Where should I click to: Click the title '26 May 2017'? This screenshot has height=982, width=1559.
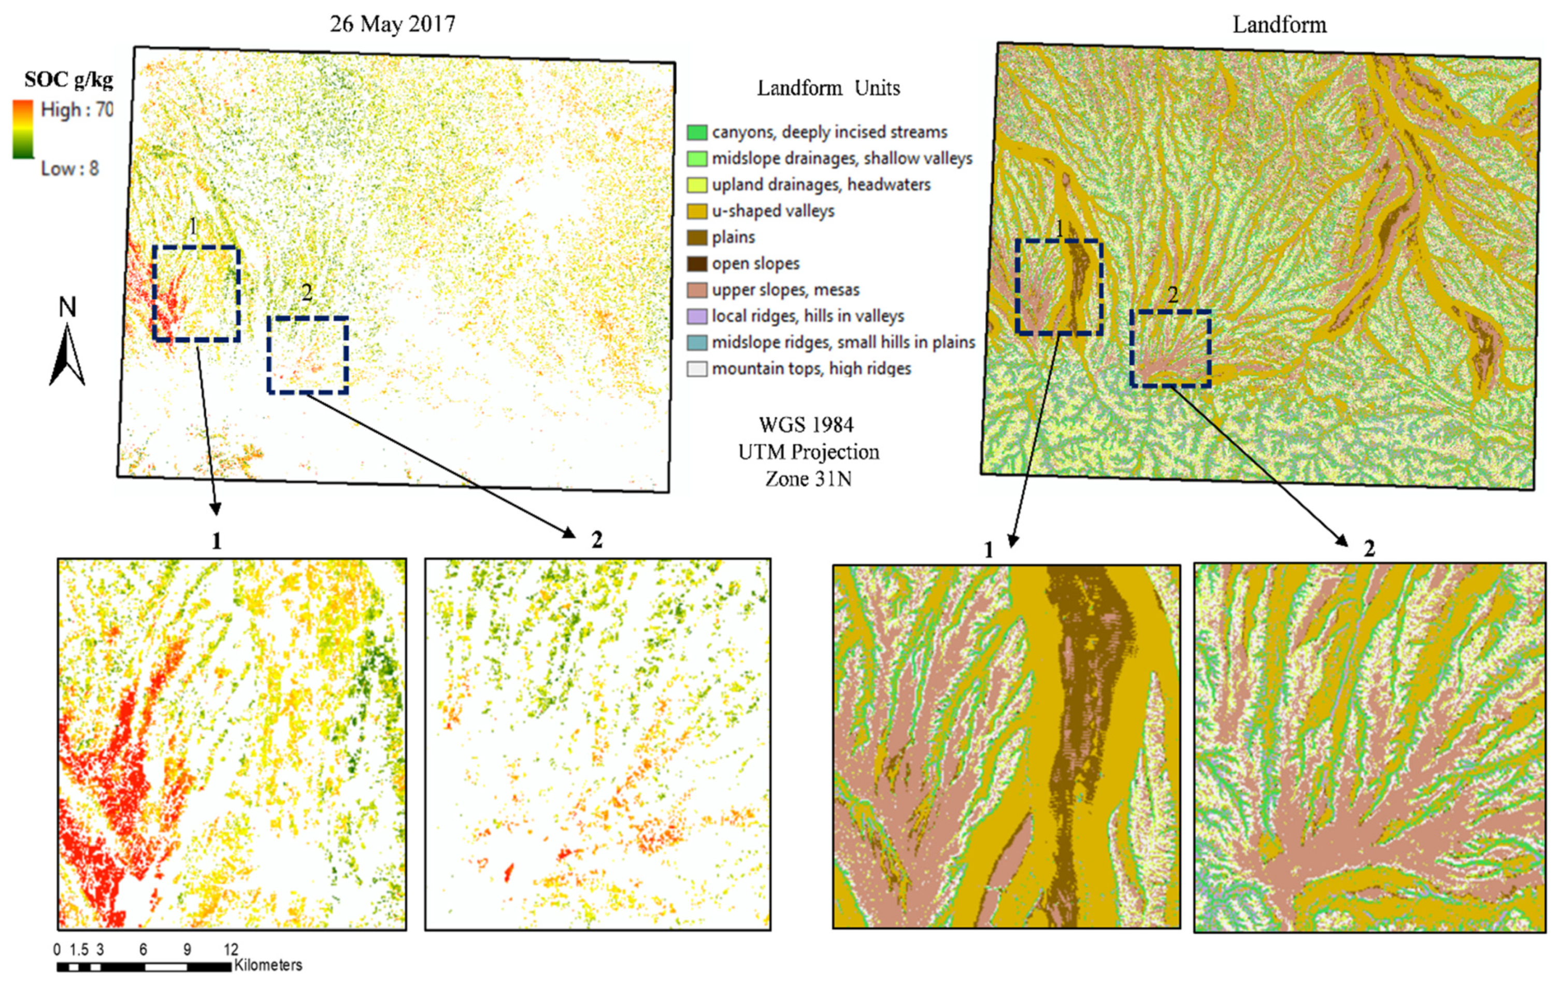tap(392, 24)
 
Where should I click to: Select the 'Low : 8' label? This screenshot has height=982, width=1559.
tap(70, 169)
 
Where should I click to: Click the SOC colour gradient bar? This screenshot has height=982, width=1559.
tap(23, 130)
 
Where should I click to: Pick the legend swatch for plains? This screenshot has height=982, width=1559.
tap(697, 237)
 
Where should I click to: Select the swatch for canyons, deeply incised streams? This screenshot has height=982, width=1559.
tap(697, 133)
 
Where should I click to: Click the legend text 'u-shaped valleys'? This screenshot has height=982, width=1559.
tap(773, 211)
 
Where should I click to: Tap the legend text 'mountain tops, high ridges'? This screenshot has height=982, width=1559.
tap(811, 369)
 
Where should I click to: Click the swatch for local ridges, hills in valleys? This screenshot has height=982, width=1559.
tap(697, 317)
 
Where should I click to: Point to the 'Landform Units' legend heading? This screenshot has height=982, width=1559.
tap(828, 88)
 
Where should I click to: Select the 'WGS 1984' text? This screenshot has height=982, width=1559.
tap(806, 425)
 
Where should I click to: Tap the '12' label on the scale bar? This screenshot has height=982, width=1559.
tap(231, 950)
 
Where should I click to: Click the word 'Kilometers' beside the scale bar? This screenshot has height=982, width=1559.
tap(268, 965)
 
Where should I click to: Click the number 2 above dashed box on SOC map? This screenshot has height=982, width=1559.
tap(307, 293)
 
